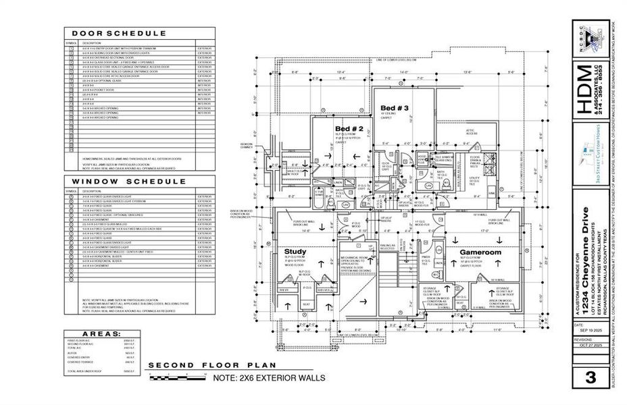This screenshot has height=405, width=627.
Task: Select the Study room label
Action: coord(296,252)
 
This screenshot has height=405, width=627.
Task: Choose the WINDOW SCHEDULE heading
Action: coord(119,181)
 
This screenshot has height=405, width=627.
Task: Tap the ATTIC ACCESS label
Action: coord(472,132)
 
